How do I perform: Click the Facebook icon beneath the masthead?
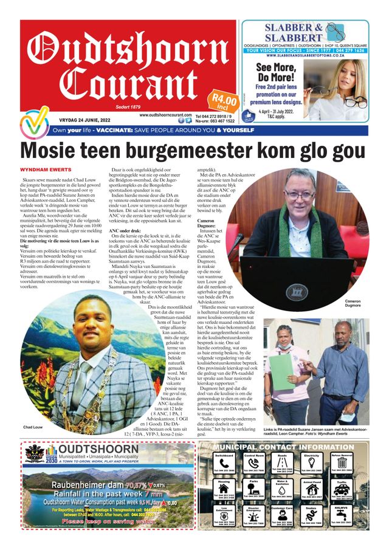tap(181, 121)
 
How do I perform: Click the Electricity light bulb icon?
tap(312, 466)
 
